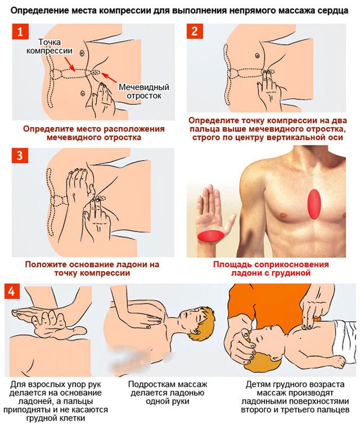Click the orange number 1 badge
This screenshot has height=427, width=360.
[20, 32]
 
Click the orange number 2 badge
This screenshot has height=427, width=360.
[195, 31]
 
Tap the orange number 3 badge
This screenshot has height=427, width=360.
[20, 155]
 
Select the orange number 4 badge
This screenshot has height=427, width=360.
[12, 291]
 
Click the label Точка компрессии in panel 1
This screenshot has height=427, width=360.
[49, 46]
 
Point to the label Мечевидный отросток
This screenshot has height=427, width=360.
[144, 92]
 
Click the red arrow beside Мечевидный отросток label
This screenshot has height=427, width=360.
[110, 78]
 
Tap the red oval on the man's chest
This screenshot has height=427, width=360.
[314, 204]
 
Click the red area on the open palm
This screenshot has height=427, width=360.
[210, 236]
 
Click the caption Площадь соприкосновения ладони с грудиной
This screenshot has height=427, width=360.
[271, 268]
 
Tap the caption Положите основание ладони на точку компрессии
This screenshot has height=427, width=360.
[92, 268]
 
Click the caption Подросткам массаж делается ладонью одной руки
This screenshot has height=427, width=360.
[168, 393]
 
